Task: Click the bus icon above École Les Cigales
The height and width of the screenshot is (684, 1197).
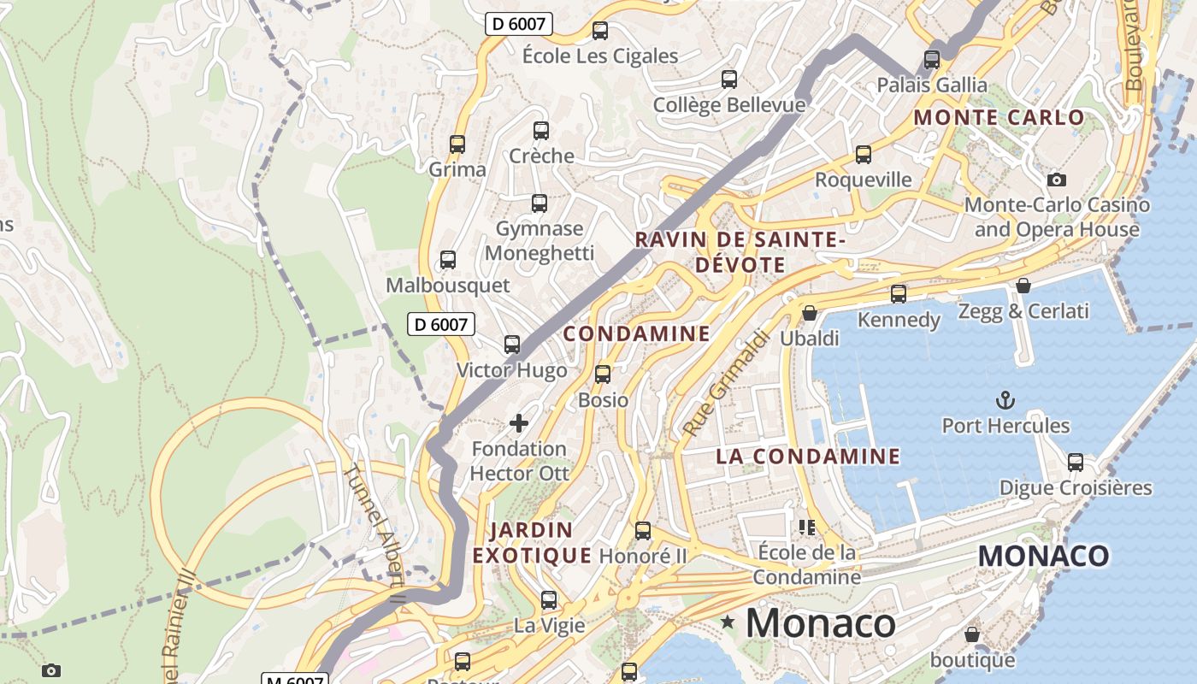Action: (x=600, y=31)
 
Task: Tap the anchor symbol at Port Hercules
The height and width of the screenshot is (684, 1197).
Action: (x=1005, y=399)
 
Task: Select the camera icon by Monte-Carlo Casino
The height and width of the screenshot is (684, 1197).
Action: (x=1057, y=180)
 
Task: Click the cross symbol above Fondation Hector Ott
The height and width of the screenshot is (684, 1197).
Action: (x=519, y=422)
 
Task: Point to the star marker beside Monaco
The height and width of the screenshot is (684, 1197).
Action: (x=728, y=622)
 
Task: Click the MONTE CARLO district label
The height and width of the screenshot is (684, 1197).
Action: (x=999, y=117)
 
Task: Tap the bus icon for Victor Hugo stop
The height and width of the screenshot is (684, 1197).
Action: (x=512, y=345)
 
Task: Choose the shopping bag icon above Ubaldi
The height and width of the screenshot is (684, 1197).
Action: (x=810, y=313)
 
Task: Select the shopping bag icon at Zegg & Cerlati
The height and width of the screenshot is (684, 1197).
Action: (x=1023, y=286)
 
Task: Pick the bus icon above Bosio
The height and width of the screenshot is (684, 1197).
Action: (x=603, y=374)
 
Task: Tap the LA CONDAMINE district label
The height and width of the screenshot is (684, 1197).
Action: (x=808, y=457)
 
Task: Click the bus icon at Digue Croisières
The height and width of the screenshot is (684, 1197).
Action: (x=1076, y=463)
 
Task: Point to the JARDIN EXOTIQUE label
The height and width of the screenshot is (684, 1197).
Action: (x=532, y=543)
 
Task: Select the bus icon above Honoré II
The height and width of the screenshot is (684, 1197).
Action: (x=643, y=530)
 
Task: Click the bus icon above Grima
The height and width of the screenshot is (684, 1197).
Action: (x=457, y=144)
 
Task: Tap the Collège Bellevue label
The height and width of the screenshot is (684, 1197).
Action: (x=729, y=105)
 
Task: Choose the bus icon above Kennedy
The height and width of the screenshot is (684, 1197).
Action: (x=899, y=293)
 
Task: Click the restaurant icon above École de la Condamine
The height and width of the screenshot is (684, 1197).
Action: (x=806, y=527)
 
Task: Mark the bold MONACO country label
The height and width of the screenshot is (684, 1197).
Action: (x=1043, y=556)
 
